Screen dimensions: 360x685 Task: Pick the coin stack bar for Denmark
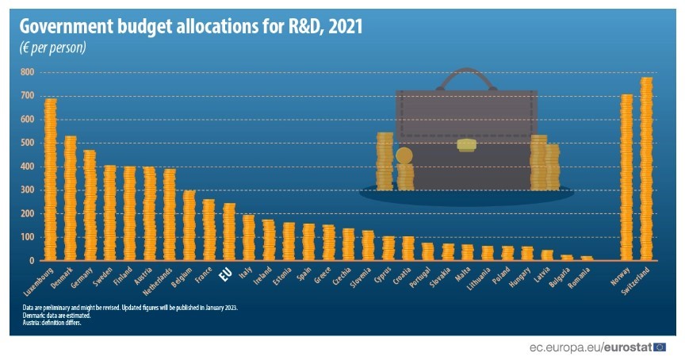[71, 198]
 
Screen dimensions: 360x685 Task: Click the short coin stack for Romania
[587, 258]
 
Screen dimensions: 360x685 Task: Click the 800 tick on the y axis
[27, 72]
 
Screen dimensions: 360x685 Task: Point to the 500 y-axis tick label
[27, 143]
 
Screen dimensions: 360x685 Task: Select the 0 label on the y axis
[33, 260]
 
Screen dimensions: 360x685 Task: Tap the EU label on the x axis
[225, 274]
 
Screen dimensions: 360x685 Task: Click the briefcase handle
[466, 79]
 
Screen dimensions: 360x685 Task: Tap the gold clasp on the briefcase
[467, 146]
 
